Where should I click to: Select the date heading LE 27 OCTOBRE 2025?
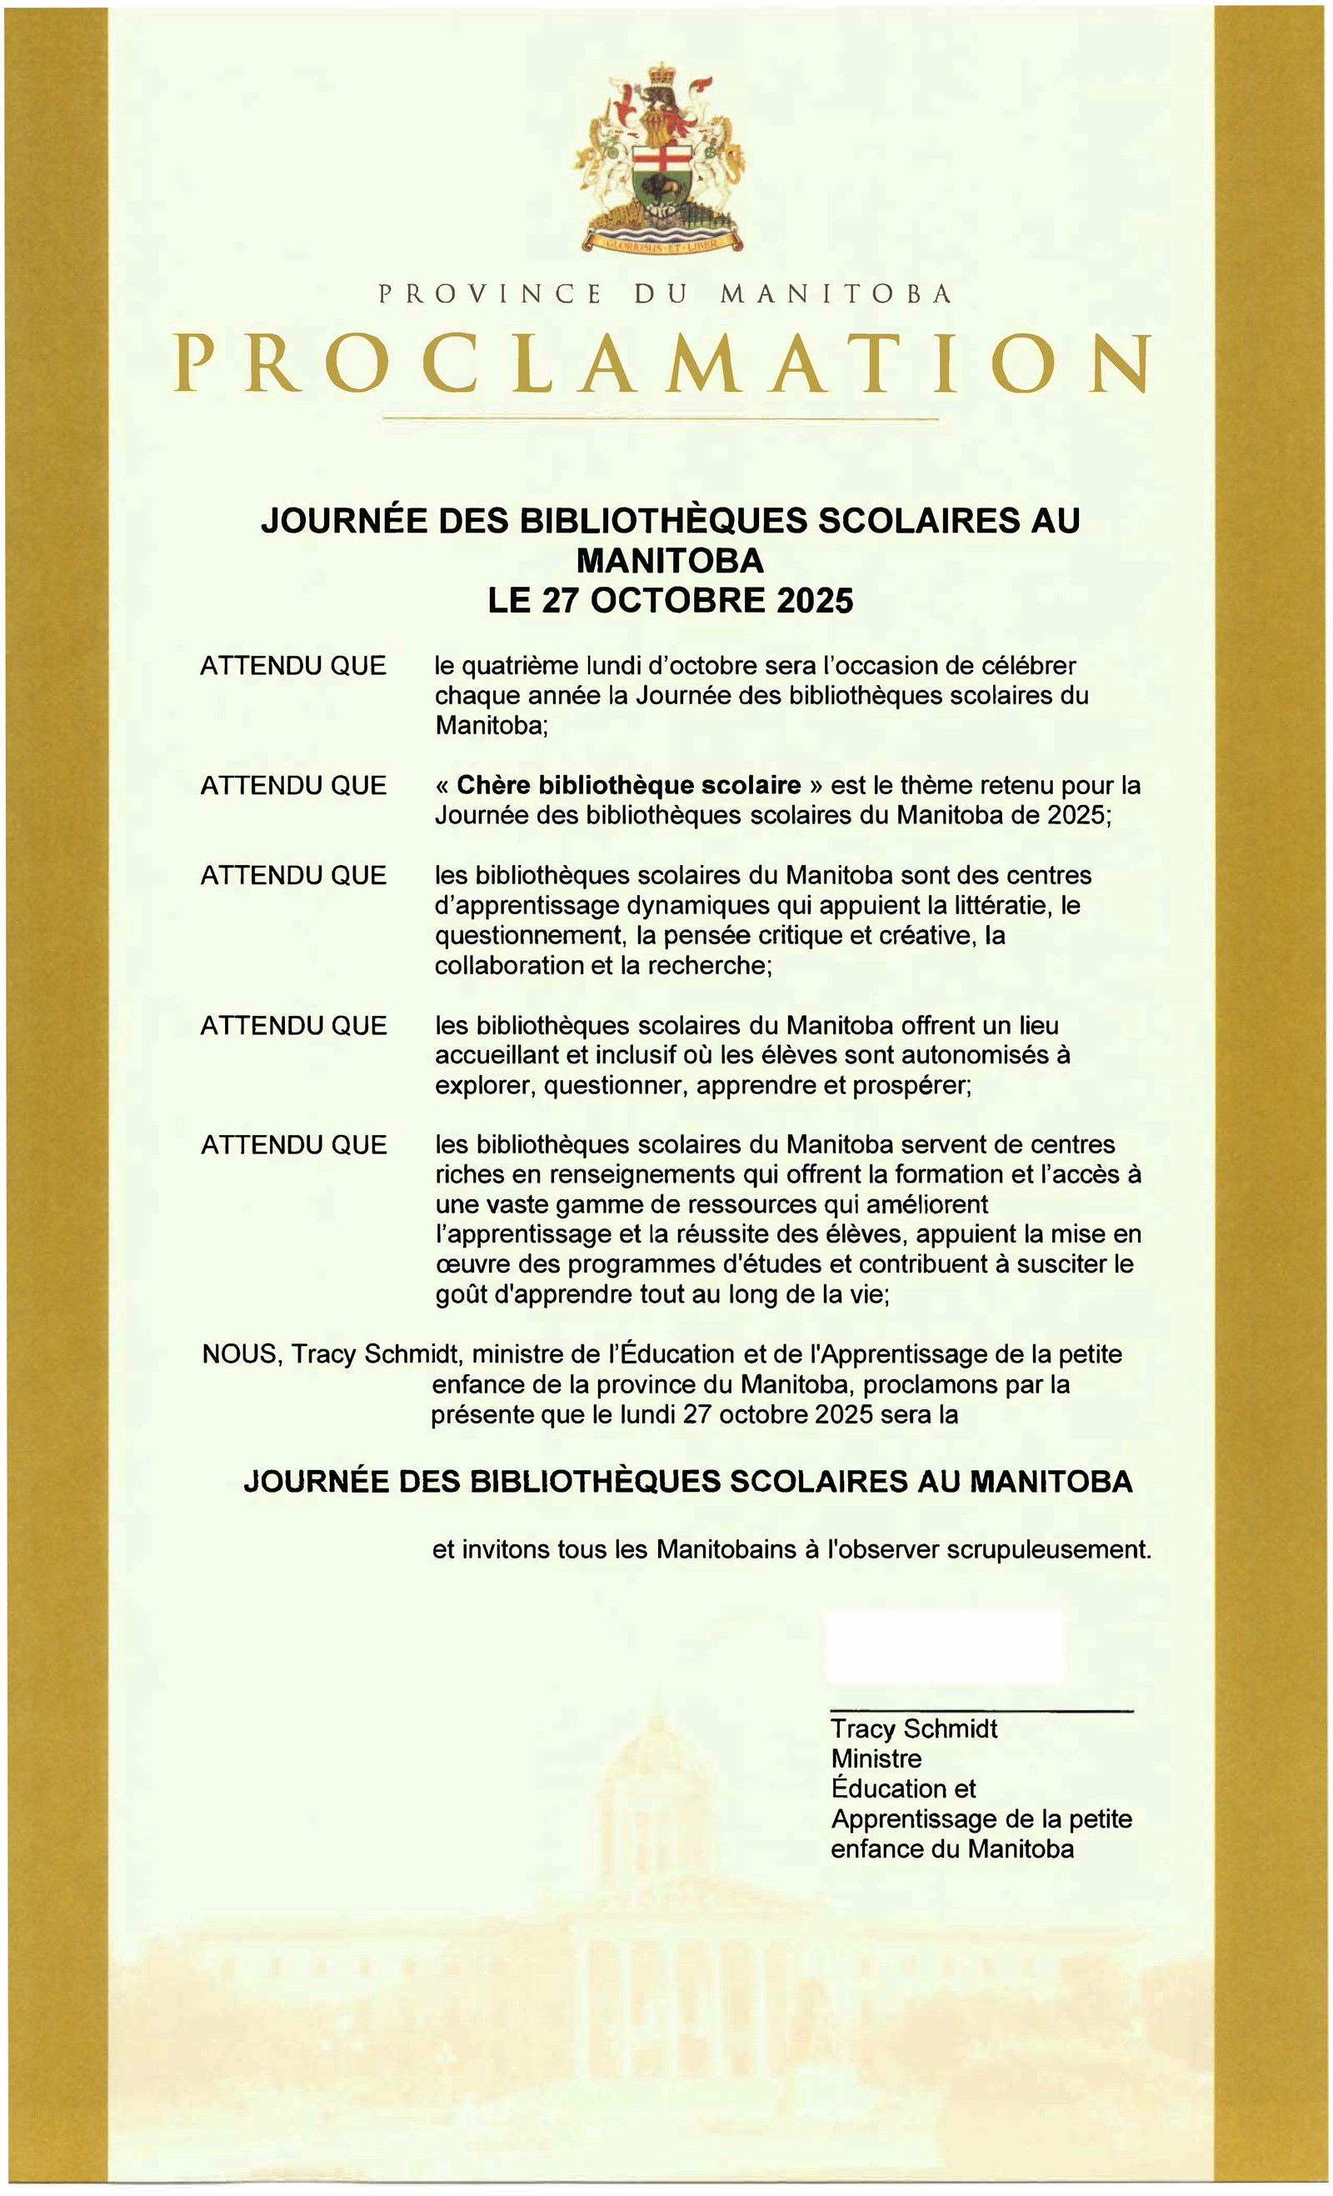tap(670, 600)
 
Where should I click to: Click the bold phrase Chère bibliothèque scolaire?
tap(628, 785)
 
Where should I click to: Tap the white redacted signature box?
tap(945, 1645)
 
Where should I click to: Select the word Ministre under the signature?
tap(876, 1758)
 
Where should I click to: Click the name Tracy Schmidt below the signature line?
tap(913, 1729)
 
